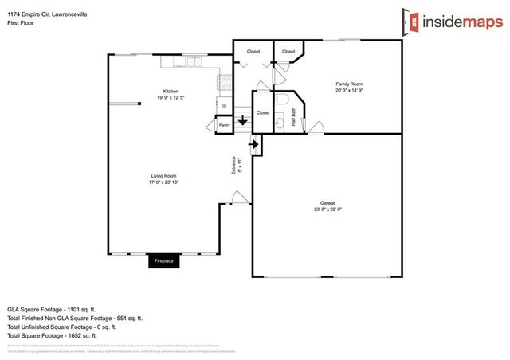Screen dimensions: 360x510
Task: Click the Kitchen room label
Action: [x=171, y=90]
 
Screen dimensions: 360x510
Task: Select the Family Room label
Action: [x=349, y=84]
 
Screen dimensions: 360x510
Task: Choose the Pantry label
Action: [x=225, y=126]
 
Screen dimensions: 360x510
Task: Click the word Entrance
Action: [x=234, y=166]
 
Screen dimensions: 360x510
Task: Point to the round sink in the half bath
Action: [x=280, y=123]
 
